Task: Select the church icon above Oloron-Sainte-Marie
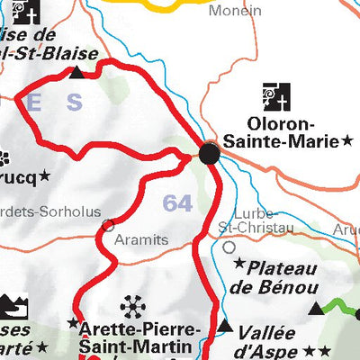tap(276, 95)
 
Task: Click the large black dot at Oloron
tap(209, 154)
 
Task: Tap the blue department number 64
tap(177, 203)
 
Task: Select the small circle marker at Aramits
tap(109, 224)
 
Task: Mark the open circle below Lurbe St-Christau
tap(229, 246)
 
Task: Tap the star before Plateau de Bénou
tap(239, 265)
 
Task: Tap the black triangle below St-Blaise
tap(77, 71)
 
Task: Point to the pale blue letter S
tap(74, 103)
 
